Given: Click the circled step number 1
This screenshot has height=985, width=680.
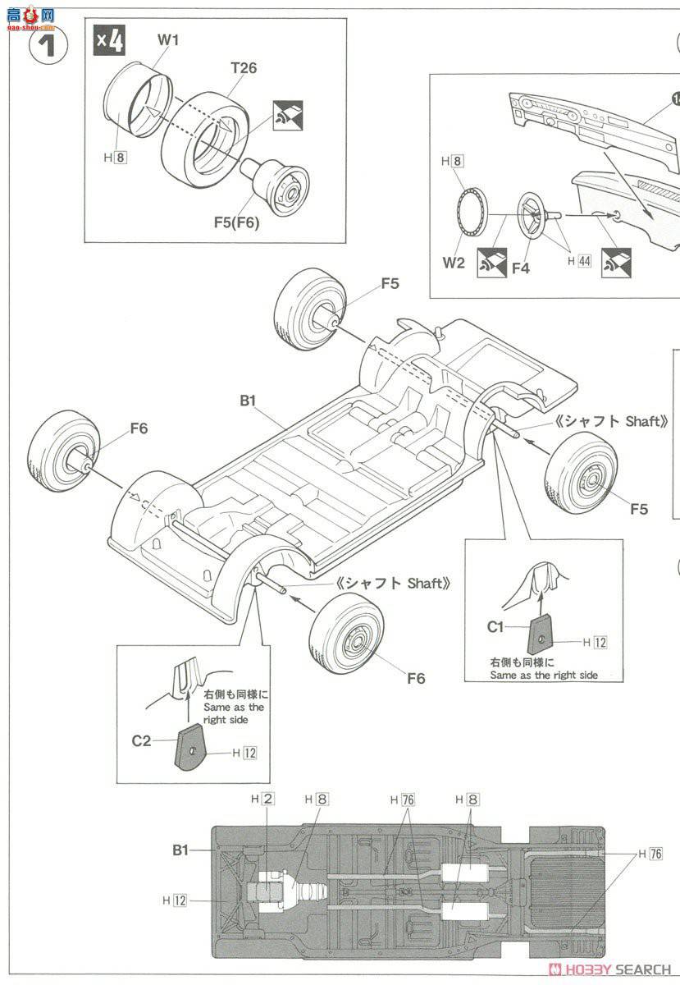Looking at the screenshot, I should [48, 44].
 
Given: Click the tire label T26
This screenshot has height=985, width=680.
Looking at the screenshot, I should [243, 68].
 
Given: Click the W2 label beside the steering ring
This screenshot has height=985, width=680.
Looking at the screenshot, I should [454, 263].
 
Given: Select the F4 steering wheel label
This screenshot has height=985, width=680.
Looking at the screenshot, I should [520, 268].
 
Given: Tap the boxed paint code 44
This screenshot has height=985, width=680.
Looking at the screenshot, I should [584, 260].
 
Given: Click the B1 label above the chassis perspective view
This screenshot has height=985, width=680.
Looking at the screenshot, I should [249, 401].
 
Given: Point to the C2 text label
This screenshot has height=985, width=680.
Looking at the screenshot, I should [142, 740].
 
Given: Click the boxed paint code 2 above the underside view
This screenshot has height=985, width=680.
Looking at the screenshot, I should [269, 799].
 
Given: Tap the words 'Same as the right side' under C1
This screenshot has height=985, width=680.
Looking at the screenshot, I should [543, 675].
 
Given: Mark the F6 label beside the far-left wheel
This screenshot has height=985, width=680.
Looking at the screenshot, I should [138, 428].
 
